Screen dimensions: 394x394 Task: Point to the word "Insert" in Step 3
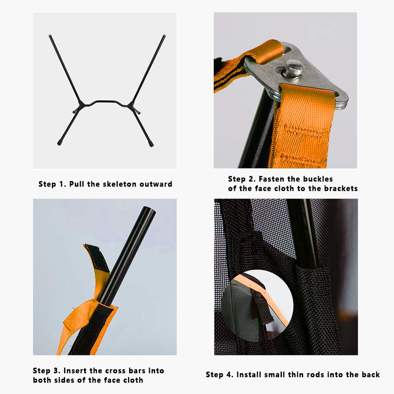[x=75, y=371]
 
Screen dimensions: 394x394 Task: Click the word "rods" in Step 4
[x=316, y=375]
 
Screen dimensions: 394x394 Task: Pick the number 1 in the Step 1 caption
[x=62, y=184]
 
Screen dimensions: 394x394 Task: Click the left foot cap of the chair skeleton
[x=59, y=143]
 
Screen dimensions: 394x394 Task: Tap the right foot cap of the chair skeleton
[x=151, y=144]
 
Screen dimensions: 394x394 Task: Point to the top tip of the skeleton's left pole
[x=50, y=35]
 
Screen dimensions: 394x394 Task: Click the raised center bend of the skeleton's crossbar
[x=106, y=102]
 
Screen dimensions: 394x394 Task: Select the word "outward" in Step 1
[x=156, y=184]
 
